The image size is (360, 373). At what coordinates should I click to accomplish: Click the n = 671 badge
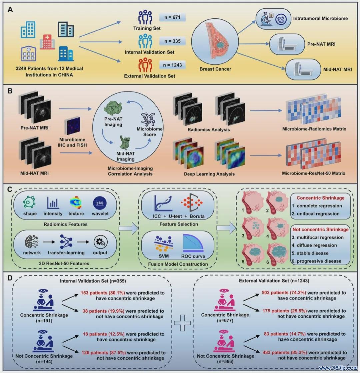pyautogui.click(x=172, y=17)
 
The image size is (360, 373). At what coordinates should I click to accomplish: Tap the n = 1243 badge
pyautogui.click(x=172, y=65)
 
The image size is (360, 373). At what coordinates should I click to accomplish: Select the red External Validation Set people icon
pyautogui.click(x=145, y=65)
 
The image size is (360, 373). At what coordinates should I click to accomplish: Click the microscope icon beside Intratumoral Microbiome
pyautogui.click(x=267, y=19)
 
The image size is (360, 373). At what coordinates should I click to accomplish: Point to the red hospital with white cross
pyautogui.click(x=47, y=42)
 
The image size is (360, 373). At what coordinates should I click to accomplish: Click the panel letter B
pyautogui.click(x=10, y=91)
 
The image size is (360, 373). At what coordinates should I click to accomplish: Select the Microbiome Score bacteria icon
pyautogui.click(x=149, y=119)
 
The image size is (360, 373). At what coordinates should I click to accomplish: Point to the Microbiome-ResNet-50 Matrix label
pyautogui.click(x=313, y=173)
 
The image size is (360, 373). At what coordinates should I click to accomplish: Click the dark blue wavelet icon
pyautogui.click(x=100, y=203)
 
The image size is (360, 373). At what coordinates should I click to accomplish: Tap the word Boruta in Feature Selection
pyautogui.click(x=197, y=216)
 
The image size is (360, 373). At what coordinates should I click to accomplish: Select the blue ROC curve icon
pyautogui.click(x=193, y=243)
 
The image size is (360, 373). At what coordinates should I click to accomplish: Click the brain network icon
pyautogui.click(x=32, y=242)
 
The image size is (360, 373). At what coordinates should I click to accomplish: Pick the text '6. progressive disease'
pyautogui.click(x=317, y=261)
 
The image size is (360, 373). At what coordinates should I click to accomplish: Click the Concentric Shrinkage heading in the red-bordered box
pyautogui.click(x=320, y=198)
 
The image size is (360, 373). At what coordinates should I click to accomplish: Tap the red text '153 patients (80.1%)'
pyautogui.click(x=103, y=293)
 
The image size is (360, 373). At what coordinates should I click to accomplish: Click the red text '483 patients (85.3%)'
pyautogui.click(x=285, y=353)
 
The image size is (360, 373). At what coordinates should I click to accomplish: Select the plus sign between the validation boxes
pyautogui.click(x=182, y=323)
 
